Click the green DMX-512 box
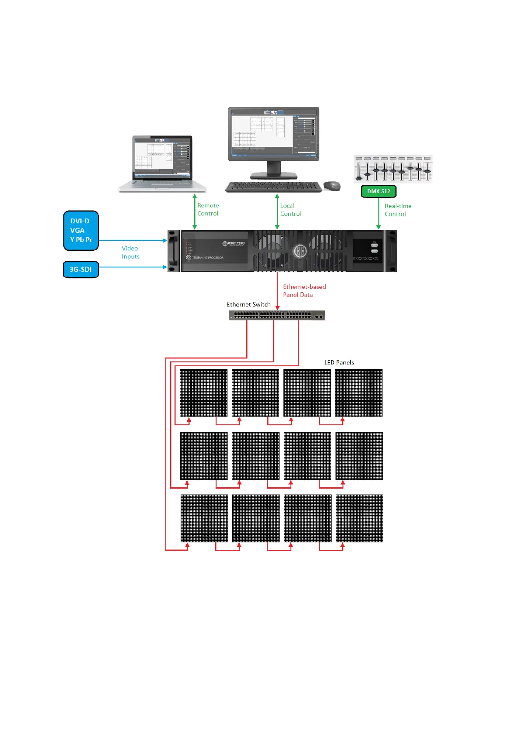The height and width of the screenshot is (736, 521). (378, 191)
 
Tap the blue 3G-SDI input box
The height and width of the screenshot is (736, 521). (81, 269)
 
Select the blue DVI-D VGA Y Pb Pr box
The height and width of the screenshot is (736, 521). (81, 230)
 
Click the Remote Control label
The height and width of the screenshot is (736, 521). (208, 209)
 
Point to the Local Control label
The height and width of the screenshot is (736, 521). (290, 210)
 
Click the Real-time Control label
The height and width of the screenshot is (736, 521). (398, 210)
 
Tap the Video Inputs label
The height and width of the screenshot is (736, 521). (130, 252)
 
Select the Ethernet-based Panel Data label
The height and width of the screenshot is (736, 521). (304, 291)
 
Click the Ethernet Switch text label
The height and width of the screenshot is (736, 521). (248, 305)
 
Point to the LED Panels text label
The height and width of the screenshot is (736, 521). (339, 362)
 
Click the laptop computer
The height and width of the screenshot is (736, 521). (162, 164)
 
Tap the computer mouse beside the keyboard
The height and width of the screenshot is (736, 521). (332, 186)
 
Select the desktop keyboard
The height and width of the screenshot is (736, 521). (274, 187)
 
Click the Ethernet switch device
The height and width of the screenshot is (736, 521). (277, 315)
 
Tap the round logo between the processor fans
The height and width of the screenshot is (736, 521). (300, 251)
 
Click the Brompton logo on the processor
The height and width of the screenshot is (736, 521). (234, 244)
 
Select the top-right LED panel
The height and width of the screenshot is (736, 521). (359, 392)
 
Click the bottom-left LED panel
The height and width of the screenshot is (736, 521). (204, 518)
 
